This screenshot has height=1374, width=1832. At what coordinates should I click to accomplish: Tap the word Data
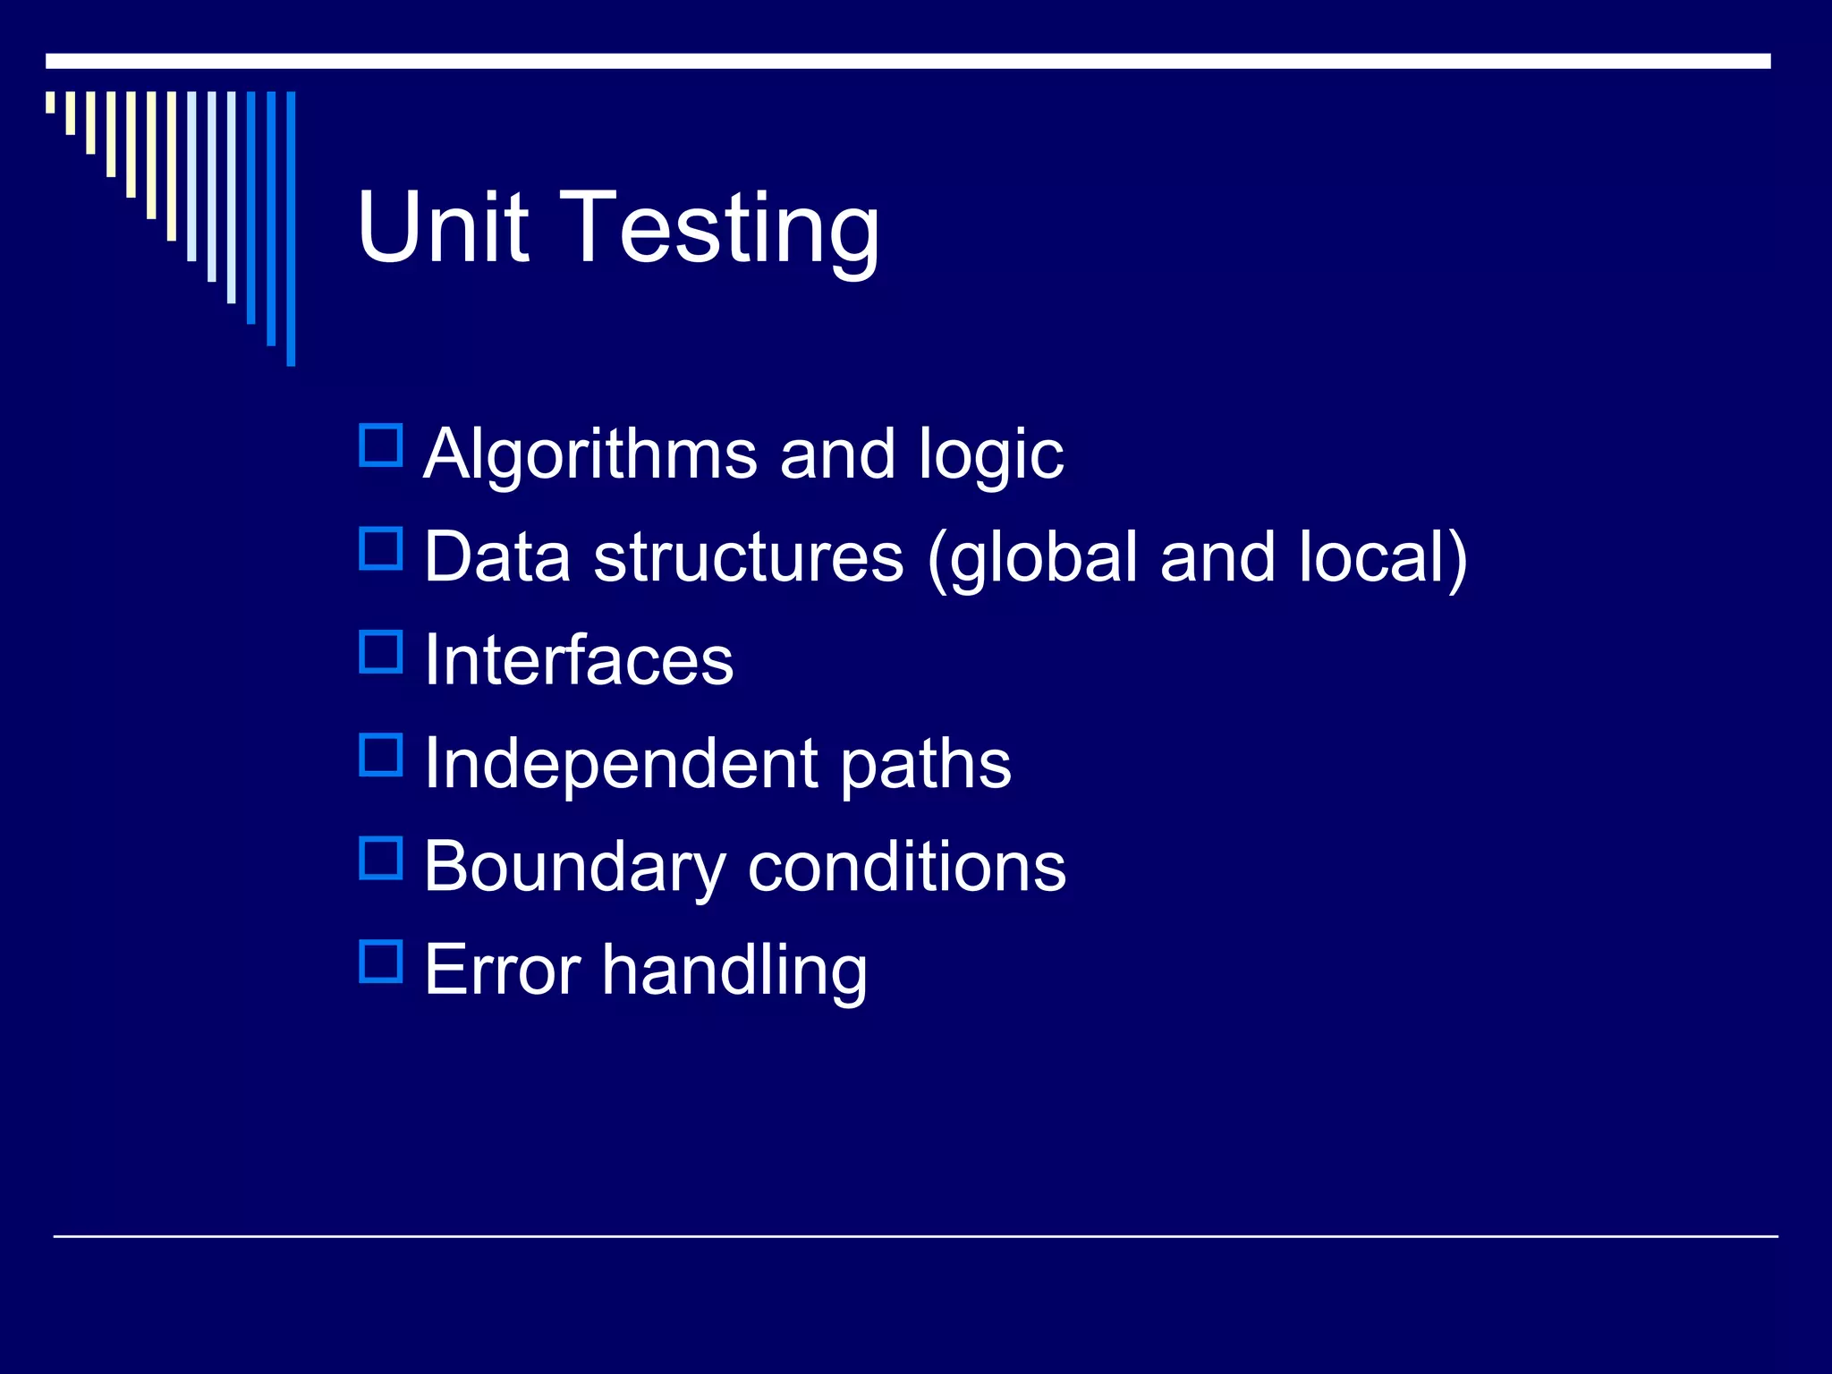pos(497,557)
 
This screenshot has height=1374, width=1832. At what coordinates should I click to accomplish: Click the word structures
pos(749,557)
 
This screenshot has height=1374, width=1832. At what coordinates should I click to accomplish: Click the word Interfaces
pos(579,660)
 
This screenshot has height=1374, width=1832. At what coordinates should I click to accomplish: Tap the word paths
pos(925,765)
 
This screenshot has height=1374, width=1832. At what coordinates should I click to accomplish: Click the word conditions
pos(906,867)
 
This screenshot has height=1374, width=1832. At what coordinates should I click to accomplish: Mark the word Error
pos(502,970)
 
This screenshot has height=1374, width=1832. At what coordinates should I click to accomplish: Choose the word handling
pos(734,971)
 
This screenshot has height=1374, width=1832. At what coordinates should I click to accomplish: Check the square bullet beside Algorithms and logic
pos(381,445)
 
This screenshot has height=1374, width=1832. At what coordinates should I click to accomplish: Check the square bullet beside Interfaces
pos(381,652)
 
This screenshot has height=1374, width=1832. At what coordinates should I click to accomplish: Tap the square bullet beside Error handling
pos(381,962)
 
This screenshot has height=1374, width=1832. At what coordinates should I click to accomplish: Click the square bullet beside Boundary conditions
pos(381,859)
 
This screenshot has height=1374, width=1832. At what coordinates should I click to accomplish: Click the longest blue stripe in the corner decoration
pos(291,228)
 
